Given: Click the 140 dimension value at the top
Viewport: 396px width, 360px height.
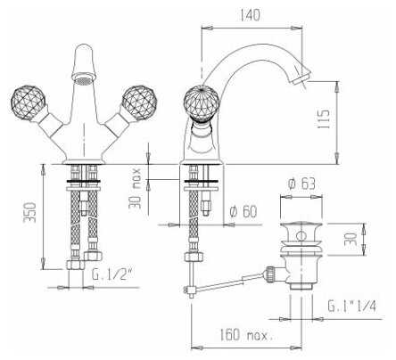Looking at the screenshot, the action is (x=249, y=15).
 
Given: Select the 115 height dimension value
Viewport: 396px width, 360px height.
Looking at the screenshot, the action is (x=324, y=119).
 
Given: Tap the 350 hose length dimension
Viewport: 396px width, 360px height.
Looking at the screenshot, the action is (x=30, y=212).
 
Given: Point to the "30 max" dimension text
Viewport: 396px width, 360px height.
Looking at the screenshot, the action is (x=136, y=188).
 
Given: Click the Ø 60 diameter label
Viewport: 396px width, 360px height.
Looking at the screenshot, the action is (x=243, y=211).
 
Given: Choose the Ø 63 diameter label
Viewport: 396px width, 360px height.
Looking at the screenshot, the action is (x=301, y=184).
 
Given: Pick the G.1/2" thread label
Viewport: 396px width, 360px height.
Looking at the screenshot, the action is (x=111, y=274).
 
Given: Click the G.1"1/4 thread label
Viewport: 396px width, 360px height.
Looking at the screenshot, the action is (x=352, y=306).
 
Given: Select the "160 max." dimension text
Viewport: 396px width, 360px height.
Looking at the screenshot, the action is (x=246, y=335).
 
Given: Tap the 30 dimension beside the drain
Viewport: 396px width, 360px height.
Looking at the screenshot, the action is (x=351, y=239).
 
